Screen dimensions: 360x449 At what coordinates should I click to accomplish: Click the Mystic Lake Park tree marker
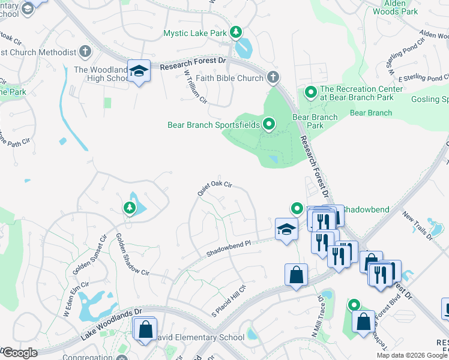coord(237,32)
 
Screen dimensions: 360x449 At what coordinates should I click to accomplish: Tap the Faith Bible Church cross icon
coord(273,77)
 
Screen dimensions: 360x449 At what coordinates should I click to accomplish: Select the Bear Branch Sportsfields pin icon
coord(269,124)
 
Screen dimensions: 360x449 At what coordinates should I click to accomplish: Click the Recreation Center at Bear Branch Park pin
coord(310,92)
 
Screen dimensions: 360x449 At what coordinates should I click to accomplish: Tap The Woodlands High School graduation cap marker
coord(139,71)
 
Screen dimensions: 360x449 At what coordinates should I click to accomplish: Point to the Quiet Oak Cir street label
coord(215,189)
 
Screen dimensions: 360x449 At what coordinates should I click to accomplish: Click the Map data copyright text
coord(412,355)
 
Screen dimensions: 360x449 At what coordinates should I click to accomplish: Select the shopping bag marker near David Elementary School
coord(146,329)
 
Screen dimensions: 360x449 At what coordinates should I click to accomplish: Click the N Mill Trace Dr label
coord(317,315)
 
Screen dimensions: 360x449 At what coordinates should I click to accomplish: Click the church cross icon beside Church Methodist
coord(85,52)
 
